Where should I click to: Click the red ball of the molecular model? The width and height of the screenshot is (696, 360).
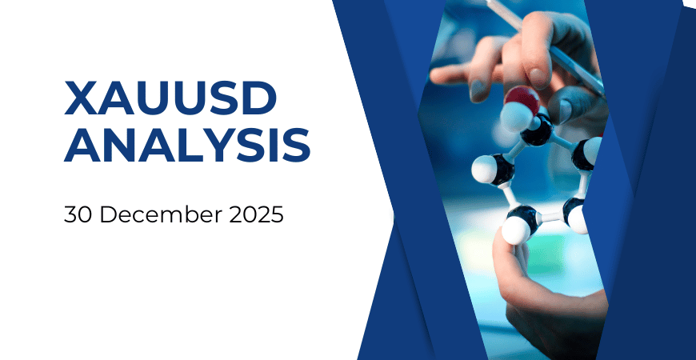[x=522, y=99]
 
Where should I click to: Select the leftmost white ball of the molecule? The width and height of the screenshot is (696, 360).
[x=484, y=169]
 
